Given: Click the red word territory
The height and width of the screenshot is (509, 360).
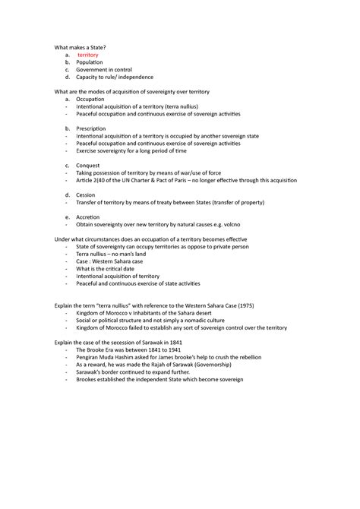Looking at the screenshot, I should [88, 55].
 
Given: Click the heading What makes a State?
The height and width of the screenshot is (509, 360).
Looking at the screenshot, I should [79, 48].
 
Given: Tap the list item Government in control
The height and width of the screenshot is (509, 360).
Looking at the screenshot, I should [104, 70].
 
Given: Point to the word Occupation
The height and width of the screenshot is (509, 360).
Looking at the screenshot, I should [90, 100].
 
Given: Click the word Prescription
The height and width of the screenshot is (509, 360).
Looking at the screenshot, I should [91, 128].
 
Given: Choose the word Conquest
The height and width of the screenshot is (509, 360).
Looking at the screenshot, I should [89, 165].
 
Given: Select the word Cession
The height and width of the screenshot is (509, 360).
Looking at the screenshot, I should [86, 194].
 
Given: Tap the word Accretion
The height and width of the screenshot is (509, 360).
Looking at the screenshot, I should [88, 216].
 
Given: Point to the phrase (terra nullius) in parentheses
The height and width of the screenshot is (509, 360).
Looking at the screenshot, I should [185, 106].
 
